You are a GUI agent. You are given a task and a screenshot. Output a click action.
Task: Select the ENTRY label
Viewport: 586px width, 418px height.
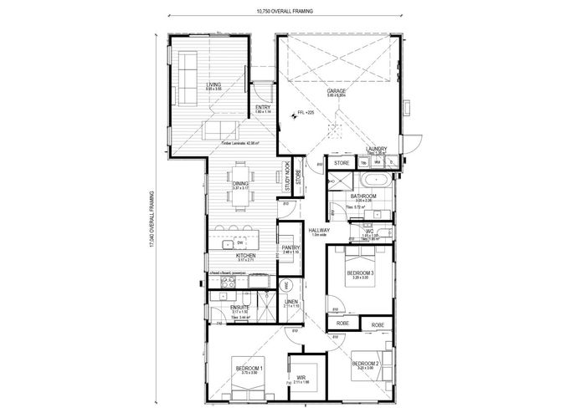(263, 108)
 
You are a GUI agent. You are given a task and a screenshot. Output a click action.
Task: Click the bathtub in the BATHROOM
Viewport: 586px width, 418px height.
(373, 181)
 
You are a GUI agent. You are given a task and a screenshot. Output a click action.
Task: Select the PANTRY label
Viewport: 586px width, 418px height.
(290, 248)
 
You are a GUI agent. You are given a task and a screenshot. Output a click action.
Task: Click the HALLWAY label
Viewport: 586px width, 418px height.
(318, 231)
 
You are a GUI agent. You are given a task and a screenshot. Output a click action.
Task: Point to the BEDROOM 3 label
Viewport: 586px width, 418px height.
(360, 273)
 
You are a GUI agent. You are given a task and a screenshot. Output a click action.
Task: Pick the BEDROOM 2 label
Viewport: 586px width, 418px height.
(366, 363)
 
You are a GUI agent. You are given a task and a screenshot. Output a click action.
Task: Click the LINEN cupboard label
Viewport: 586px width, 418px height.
(290, 302)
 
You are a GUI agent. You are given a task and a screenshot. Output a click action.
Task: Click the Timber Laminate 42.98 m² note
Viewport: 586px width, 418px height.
(239, 144)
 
